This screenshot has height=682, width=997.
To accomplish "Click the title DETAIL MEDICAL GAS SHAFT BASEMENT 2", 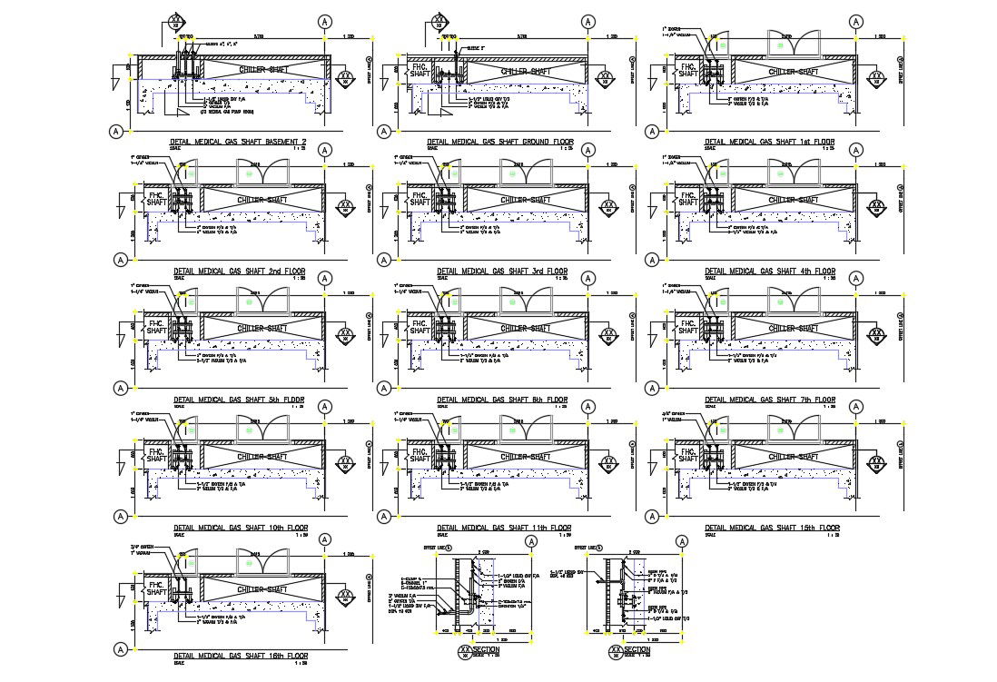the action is click(239, 143).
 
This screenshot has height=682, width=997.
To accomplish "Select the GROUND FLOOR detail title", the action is click(502, 143).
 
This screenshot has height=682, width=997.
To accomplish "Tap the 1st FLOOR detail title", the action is click(770, 143).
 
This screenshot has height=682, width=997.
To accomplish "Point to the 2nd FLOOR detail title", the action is click(239, 272).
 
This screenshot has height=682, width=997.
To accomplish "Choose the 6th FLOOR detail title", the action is click(502, 400).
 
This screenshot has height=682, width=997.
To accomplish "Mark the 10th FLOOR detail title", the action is click(239, 528).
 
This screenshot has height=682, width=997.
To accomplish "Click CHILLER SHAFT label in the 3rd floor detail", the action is click(527, 200).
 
